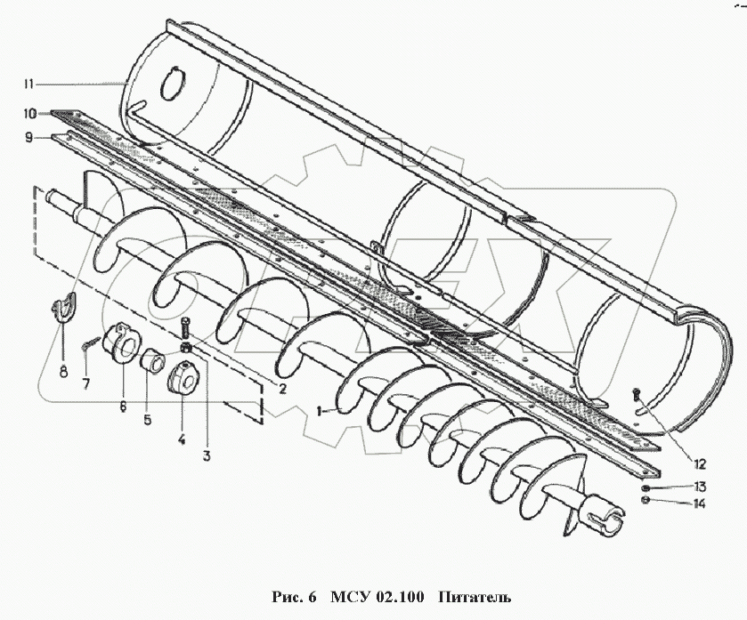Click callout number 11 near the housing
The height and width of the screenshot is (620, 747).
pos(28,84)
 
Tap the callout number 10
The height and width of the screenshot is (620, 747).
pos(29,114)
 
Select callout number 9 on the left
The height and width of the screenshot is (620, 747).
pos(28,137)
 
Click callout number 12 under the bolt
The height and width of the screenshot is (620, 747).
pos(699,463)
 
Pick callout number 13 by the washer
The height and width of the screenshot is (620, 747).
pos(700,487)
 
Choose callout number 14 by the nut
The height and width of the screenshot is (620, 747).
pos(700,504)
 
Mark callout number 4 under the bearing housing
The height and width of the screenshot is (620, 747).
pos(182,439)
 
